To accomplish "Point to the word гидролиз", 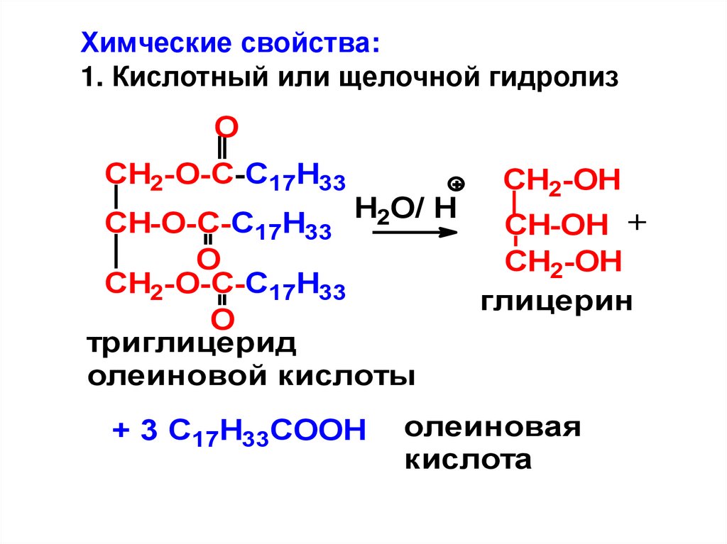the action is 558,77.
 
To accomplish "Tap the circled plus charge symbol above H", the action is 457,185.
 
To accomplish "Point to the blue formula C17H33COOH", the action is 267,431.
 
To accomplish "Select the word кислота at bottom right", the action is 468,460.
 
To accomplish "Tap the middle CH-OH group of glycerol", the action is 557,226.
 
